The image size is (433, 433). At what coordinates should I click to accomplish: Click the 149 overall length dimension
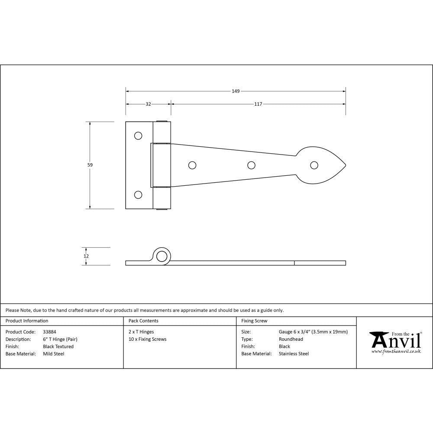tap(236, 91)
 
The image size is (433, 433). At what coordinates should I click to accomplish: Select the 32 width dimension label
tap(148, 104)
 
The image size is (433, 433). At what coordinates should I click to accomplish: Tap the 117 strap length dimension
tap(258, 104)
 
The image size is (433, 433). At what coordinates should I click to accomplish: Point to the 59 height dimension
tap(90, 165)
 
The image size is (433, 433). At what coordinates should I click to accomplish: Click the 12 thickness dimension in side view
tap(86, 256)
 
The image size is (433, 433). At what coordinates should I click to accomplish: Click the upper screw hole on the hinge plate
tap(138, 136)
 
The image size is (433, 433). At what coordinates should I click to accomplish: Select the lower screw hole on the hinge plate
tap(138, 195)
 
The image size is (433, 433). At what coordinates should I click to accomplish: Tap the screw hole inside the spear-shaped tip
tap(314, 165)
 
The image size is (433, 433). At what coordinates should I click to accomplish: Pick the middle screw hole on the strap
tap(251, 165)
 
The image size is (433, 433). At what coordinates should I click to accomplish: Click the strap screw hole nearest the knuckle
tap(192, 165)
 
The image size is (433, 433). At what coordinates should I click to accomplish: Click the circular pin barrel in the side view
tap(162, 256)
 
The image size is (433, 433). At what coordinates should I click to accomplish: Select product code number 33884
tap(50, 332)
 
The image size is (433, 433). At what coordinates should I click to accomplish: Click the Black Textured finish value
tap(58, 346)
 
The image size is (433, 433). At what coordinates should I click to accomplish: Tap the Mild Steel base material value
tap(53, 354)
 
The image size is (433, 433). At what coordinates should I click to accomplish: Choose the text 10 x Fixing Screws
tap(147, 339)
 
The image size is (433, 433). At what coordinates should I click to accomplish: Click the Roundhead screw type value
tap(291, 339)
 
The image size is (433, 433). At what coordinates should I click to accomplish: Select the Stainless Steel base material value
tap(294, 354)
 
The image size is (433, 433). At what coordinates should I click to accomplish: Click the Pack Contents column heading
tap(143, 321)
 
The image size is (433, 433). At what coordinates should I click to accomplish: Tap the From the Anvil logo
tap(395, 343)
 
